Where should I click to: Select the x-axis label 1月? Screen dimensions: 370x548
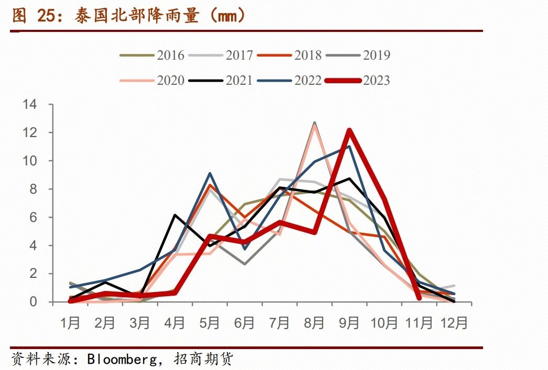tap(70, 323)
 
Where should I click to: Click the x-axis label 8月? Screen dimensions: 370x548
tap(314, 323)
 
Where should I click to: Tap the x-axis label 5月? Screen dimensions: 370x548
tap(210, 323)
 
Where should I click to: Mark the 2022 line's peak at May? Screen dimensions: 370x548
tap(210, 173)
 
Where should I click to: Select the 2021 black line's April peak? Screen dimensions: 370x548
tap(174, 215)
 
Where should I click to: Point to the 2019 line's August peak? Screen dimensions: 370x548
tap(314, 123)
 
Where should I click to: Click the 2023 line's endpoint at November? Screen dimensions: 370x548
tap(419, 298)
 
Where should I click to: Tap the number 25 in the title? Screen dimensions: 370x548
tap(46, 16)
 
